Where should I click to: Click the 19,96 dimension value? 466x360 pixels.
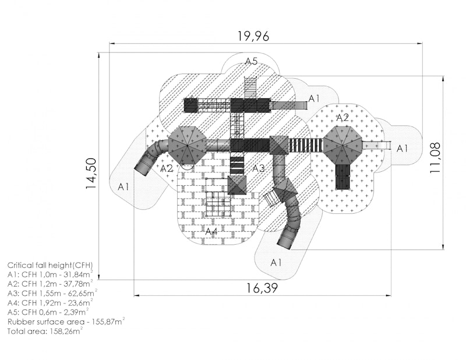tap(253, 36)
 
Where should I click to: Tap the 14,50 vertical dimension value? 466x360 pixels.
tap(91, 173)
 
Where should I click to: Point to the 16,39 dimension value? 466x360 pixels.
tap(262, 288)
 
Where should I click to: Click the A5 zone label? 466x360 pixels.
tap(251, 61)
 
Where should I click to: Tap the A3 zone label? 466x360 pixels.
tap(258, 168)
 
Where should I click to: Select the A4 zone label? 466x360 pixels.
tap(211, 231)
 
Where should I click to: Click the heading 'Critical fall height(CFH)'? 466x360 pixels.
tap(50, 265)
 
